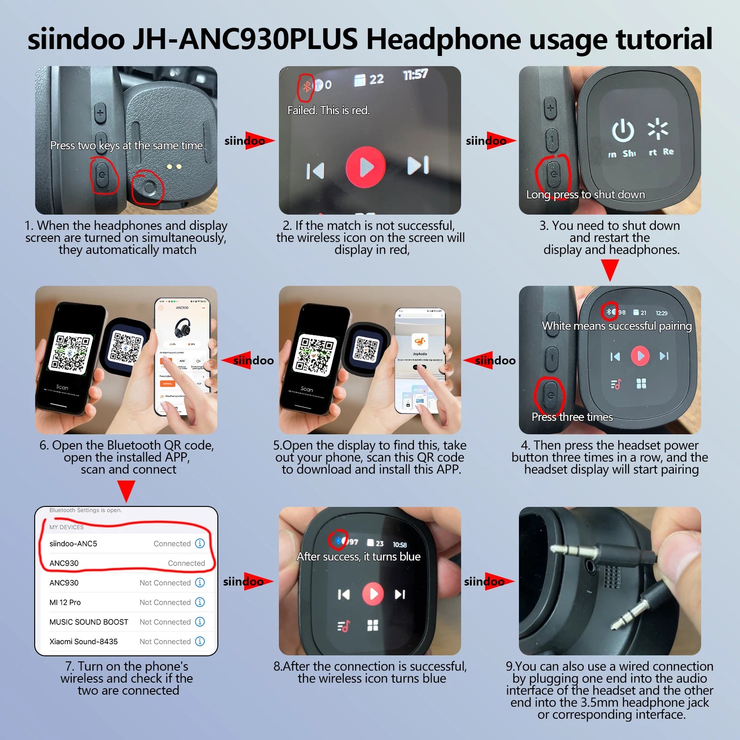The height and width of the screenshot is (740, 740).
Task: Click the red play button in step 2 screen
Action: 365,167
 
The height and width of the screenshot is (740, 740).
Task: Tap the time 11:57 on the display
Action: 415,74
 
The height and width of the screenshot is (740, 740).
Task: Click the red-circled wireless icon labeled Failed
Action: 306,86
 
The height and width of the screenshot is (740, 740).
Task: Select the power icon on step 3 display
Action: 623,130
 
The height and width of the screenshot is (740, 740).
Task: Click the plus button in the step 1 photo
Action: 100,113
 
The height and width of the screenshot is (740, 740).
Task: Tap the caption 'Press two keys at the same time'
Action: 126,146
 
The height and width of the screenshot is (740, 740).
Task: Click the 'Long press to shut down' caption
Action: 586,195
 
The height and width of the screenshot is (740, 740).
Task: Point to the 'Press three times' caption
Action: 572,417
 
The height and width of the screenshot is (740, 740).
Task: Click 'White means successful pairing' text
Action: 617,326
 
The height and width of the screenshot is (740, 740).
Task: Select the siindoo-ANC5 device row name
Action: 73,543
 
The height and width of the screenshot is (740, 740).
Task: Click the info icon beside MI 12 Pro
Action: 200,602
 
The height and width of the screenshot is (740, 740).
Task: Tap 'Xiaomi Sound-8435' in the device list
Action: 84,641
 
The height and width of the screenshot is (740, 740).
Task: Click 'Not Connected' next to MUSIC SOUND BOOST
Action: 165,622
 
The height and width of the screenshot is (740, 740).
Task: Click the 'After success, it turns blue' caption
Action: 358,557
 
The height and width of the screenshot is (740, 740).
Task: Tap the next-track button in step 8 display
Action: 400,594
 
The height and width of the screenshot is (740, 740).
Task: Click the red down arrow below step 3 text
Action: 610,269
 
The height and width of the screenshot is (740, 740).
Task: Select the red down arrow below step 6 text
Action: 126,490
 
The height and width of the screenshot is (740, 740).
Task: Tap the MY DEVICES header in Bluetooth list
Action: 67,527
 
